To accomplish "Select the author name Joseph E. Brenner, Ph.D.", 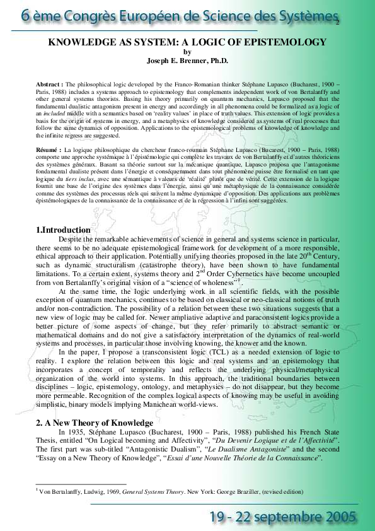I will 187,61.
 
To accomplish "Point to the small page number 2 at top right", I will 338,23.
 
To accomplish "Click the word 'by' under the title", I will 187,52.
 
